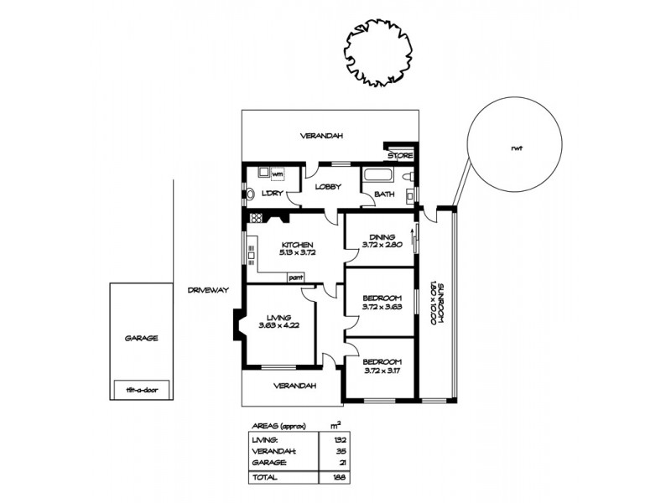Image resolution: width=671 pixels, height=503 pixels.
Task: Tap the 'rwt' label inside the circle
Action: [x=516, y=150]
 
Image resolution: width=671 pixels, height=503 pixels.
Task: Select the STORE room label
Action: [x=400, y=155]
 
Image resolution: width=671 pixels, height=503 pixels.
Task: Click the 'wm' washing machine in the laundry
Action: [x=277, y=174]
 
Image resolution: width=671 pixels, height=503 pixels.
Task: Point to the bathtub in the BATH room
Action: [x=376, y=177]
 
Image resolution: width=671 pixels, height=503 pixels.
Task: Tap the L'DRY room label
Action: [x=270, y=194]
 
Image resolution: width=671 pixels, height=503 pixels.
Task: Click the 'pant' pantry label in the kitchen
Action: [x=294, y=277]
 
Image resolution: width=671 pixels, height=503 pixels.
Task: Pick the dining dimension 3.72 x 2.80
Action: [x=382, y=245]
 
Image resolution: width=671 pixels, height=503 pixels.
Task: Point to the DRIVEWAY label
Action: [x=209, y=289]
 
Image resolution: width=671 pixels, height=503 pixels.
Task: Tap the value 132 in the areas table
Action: [x=341, y=438]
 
